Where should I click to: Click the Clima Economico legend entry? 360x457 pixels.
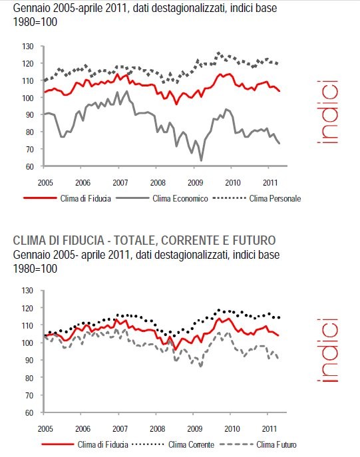click(x=180, y=198)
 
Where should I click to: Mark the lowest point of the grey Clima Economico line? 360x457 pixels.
click(x=201, y=160)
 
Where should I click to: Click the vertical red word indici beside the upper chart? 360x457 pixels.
click(x=328, y=112)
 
